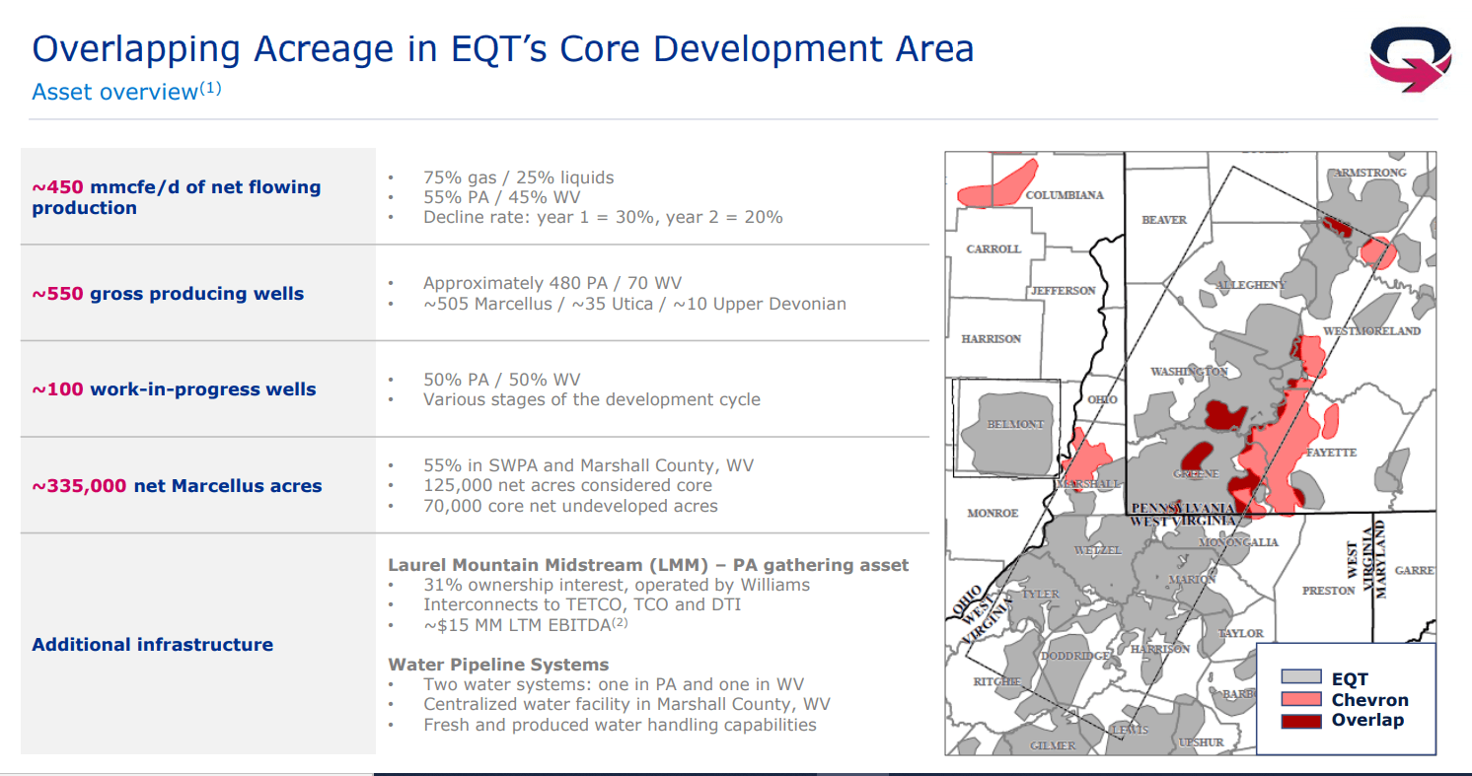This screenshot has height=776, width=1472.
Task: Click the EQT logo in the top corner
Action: (1410, 59)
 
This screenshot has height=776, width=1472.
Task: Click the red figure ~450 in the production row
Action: (58, 187)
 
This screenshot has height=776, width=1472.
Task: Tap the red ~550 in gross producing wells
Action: (58, 294)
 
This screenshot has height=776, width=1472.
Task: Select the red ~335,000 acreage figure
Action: (79, 486)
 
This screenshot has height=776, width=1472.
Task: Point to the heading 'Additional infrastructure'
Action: (153, 645)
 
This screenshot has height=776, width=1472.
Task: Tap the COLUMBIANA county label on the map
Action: (1065, 195)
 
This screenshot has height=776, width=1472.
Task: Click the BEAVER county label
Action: (1164, 220)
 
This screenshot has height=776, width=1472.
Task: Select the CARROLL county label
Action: (994, 248)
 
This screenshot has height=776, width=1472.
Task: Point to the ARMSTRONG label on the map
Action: (1370, 173)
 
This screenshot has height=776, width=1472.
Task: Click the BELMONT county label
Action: (1015, 424)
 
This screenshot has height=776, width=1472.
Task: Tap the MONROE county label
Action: (993, 513)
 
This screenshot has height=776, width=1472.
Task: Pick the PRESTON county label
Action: (1329, 591)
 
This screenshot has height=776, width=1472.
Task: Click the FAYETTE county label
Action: (1331, 453)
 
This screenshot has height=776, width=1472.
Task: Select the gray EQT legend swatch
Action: (1301, 676)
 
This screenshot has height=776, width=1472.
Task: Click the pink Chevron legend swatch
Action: (1301, 699)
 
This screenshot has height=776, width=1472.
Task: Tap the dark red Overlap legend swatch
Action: (1301, 721)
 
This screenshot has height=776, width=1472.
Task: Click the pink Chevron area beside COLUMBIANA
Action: (995, 188)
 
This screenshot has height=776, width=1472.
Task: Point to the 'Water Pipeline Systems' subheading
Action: (499, 665)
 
